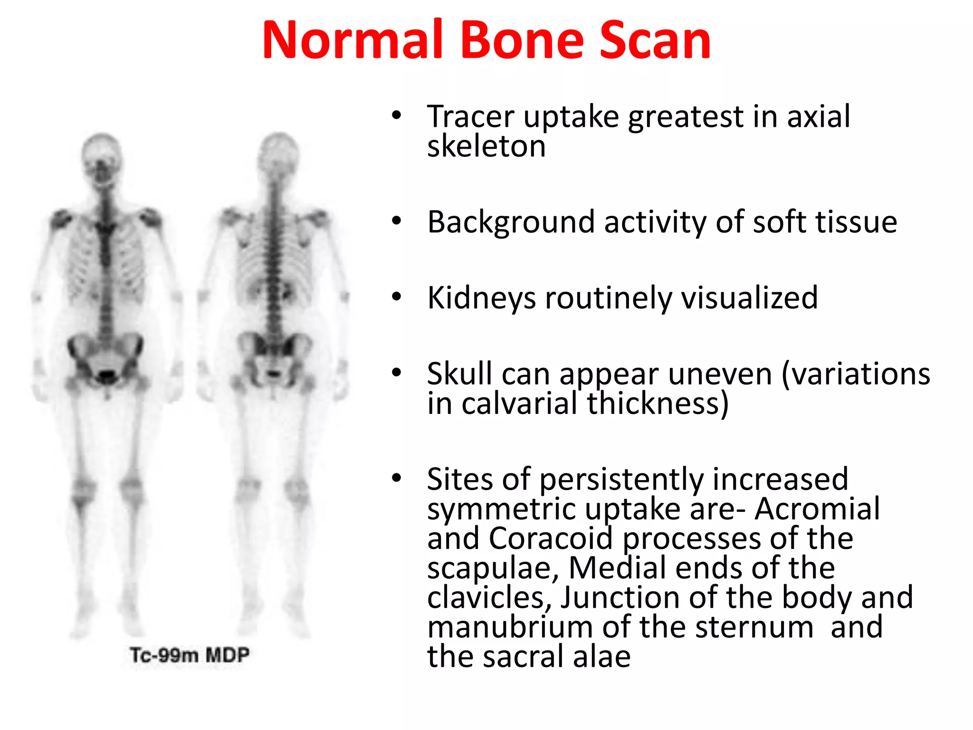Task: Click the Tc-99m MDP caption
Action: pyautogui.click(x=190, y=655)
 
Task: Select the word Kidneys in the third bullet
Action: pyautogui.click(x=481, y=299)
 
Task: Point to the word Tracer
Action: pyautogui.click(x=470, y=116)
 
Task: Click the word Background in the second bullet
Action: pyautogui.click(x=511, y=222)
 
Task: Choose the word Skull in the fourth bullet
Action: pyautogui.click(x=459, y=374)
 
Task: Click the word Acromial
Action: pyautogui.click(x=817, y=509)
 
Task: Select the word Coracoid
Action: pyautogui.click(x=551, y=538)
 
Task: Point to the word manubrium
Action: pyautogui.click(x=510, y=627)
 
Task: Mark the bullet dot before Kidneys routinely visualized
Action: pyautogui.click(x=397, y=297)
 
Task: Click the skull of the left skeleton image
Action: pyautogui.click(x=101, y=157)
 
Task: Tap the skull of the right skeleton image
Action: pyautogui.click(x=279, y=154)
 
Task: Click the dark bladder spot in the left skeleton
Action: pyautogui.click(x=107, y=376)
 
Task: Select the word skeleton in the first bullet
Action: pyautogui.click(x=486, y=146)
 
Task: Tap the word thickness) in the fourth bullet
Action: pyautogui.click(x=658, y=403)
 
